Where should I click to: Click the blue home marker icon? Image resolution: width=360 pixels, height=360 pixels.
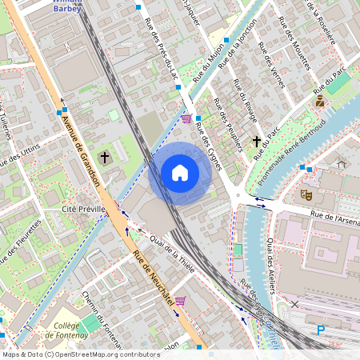pyautogui.click(x=180, y=173)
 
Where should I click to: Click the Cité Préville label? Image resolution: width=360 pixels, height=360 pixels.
pyautogui.click(x=85, y=209)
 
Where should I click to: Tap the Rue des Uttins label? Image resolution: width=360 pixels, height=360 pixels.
pyautogui.click(x=19, y=152)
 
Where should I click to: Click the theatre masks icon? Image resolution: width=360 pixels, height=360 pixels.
pyautogui.click(x=306, y=194)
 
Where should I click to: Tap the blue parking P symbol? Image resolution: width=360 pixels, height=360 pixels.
pyautogui.click(x=322, y=330)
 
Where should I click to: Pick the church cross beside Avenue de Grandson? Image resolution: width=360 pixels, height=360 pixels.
pyautogui.click(x=104, y=157)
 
